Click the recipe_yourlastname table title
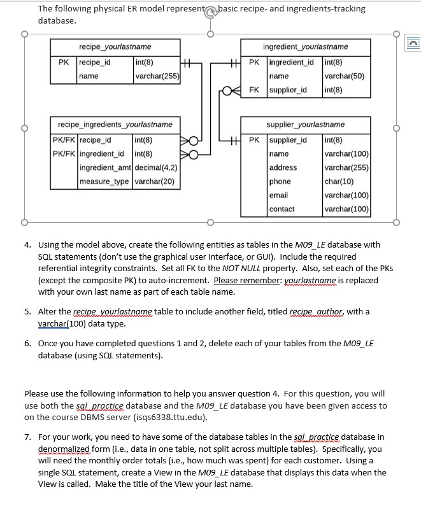pos(115,47)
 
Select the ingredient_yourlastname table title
pos(305,47)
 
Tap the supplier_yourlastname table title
pos(305,125)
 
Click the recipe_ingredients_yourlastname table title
pos(115,125)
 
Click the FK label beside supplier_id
pos(253,90)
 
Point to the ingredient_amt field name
pos(105,168)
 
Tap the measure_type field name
pos(105,182)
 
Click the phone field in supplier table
pos(280,181)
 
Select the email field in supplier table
pos(279,195)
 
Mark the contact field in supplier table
pos(282,209)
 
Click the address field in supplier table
pos(283,167)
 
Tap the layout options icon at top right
pos(411,43)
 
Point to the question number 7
pos(28,437)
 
